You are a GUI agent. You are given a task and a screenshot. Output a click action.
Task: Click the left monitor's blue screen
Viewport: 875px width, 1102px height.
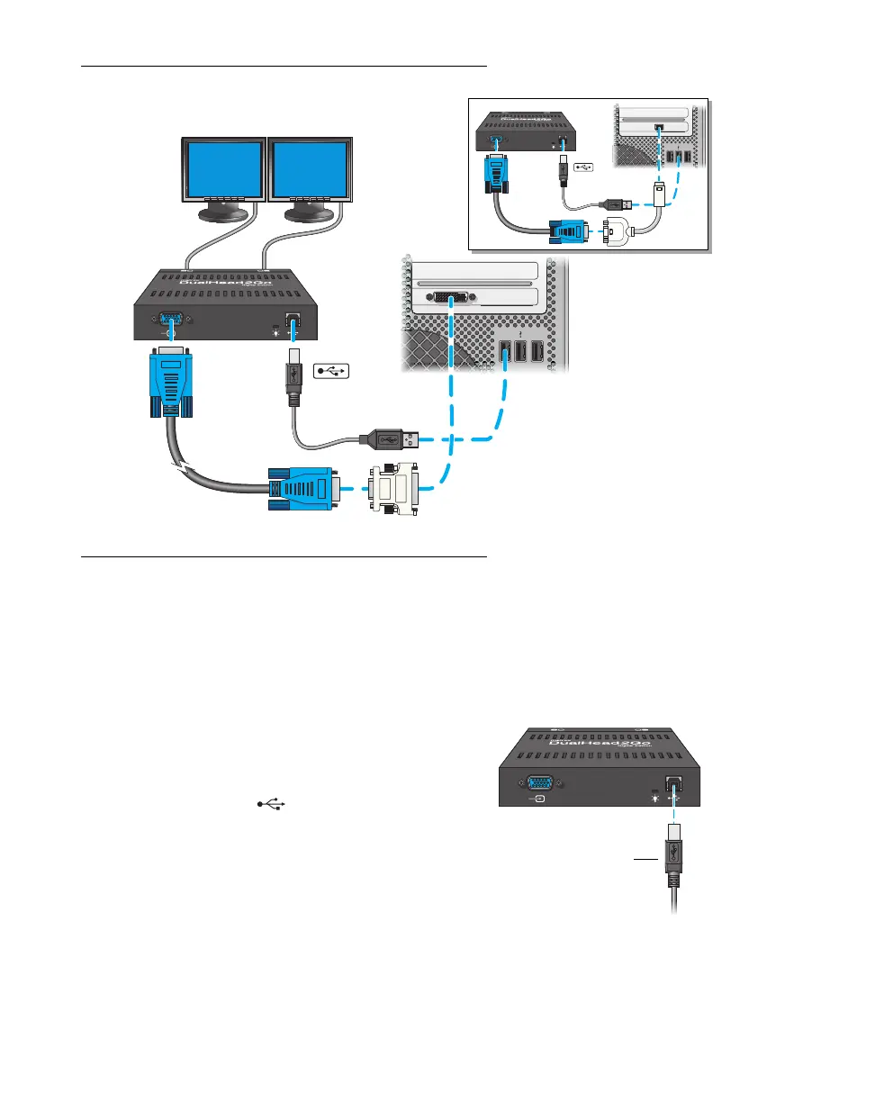click(x=223, y=168)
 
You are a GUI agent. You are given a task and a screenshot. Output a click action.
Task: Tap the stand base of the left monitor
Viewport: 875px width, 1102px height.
click(x=222, y=216)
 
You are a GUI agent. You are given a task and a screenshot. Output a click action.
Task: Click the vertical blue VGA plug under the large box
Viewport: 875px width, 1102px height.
click(x=170, y=383)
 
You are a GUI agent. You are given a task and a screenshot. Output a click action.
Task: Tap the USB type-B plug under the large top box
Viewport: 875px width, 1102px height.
click(x=292, y=379)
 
